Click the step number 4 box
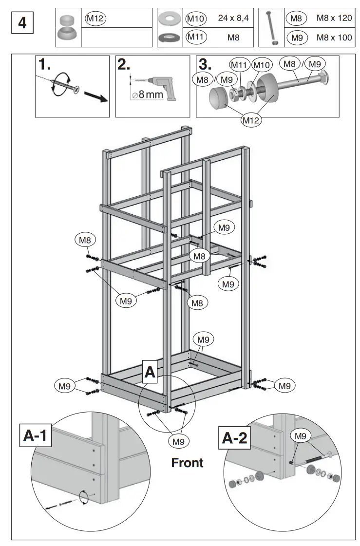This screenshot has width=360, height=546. click(x=22, y=24)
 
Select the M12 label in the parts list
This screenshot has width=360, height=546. click(x=95, y=19)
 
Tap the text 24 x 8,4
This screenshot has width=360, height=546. click(x=233, y=19)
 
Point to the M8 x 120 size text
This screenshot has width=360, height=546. click(x=334, y=19)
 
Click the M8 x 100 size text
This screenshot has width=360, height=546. click(x=334, y=37)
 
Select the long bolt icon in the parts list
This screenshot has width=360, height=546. click(x=270, y=27)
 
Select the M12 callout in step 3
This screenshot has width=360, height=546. click(x=251, y=120)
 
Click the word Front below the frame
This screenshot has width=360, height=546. click(x=187, y=462)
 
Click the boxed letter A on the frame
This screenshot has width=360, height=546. click(x=150, y=373)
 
